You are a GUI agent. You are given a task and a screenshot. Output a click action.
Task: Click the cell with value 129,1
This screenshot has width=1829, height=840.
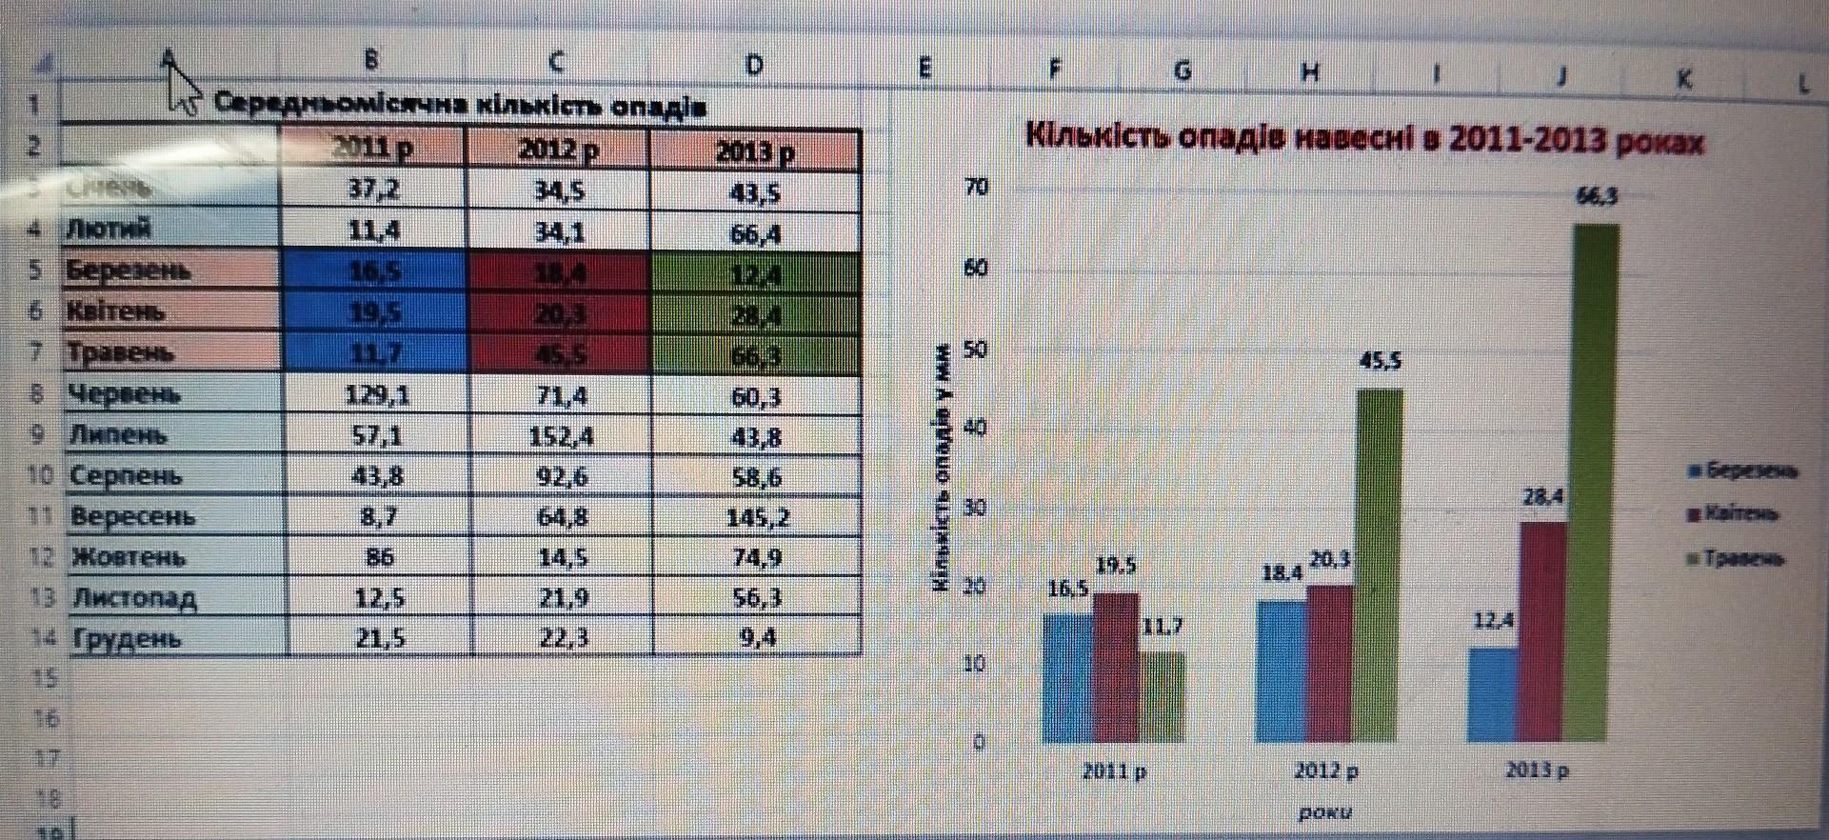click(x=378, y=394)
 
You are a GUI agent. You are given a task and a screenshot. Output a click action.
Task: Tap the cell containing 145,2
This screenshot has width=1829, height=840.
click(x=757, y=517)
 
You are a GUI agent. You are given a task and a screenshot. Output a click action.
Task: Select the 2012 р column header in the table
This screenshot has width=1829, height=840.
click(x=558, y=150)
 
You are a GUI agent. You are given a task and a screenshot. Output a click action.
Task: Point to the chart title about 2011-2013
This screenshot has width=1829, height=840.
click(x=1363, y=139)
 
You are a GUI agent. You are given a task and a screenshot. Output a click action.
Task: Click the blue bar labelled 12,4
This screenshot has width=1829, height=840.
click(x=1491, y=694)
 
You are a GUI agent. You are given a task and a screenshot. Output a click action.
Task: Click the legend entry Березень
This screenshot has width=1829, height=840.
click(x=1742, y=470)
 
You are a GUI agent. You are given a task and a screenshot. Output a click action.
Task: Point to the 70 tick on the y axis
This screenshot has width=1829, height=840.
click(x=977, y=187)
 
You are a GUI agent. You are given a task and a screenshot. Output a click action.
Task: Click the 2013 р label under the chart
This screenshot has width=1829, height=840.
click(x=1537, y=770)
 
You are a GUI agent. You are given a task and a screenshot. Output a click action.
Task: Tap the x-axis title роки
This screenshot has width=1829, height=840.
click(x=1324, y=812)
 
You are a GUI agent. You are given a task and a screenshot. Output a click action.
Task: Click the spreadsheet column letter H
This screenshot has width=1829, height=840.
click(x=1310, y=71)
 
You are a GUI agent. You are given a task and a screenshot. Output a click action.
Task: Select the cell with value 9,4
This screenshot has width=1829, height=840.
click(x=757, y=637)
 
